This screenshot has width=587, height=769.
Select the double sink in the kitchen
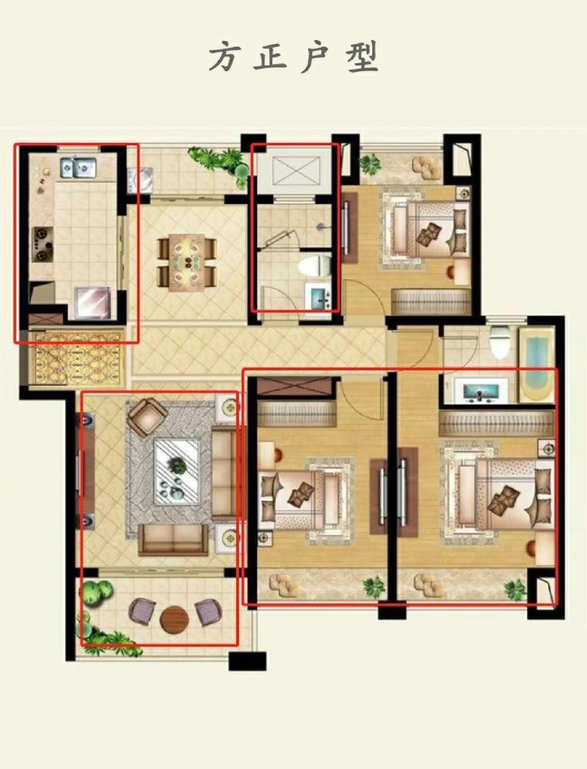79,168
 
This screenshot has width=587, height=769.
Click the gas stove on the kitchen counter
43,244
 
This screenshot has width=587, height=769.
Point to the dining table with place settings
187,263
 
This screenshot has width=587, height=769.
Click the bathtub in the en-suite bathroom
537,365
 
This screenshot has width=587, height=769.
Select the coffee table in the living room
177,471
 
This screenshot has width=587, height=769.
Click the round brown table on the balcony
174,620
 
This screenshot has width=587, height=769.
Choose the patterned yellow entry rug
78,358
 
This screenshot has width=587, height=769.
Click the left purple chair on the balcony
142,611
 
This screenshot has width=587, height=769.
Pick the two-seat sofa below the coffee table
174,539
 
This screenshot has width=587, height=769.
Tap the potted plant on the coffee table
178,465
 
